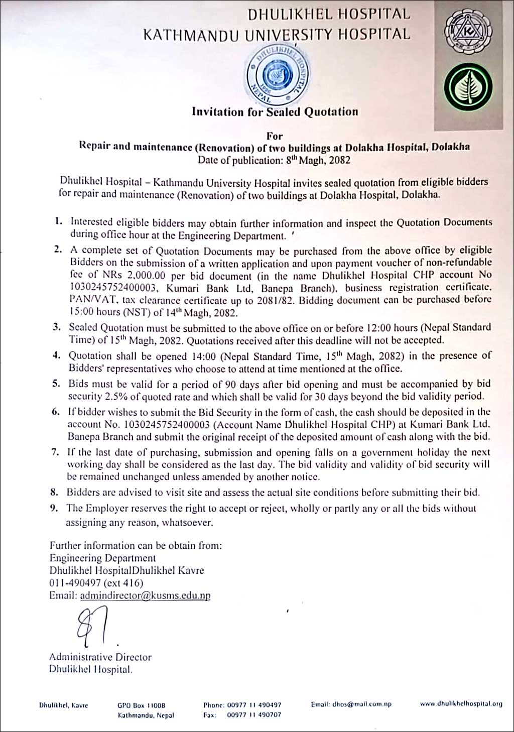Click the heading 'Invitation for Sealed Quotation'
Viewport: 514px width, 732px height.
point(275,112)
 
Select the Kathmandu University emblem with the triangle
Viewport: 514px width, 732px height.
point(468,33)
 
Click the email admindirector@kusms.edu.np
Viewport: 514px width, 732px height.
point(145,595)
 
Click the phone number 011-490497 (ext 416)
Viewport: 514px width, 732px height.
point(96,583)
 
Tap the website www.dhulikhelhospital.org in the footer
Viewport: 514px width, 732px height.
point(461,704)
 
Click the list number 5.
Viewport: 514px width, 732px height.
point(57,384)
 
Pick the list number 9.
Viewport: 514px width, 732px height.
point(54,508)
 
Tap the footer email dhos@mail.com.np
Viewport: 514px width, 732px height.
point(351,704)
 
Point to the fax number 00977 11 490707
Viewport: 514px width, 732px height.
point(254,715)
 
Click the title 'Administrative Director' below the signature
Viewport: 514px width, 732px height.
point(100,657)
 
